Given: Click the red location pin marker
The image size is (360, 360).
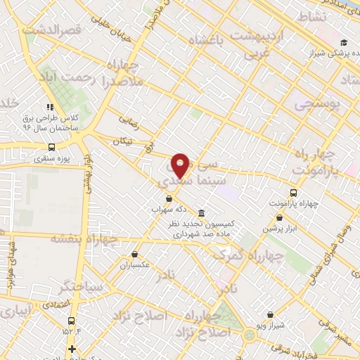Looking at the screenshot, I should tap(181, 165).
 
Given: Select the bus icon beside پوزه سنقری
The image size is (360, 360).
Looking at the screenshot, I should tap(51, 148).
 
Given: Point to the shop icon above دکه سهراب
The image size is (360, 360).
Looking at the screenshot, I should tap(169, 198).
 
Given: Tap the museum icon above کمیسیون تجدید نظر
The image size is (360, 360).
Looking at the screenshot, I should tap(202, 213).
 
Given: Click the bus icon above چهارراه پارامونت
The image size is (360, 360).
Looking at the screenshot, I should tap(293, 193).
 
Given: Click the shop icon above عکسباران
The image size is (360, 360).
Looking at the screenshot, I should tap(134, 254).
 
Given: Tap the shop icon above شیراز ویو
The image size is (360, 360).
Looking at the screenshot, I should tap(271, 314).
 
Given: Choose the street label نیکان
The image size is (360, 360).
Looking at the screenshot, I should tap(122, 141).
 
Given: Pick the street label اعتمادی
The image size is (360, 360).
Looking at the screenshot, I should tap(56, 305).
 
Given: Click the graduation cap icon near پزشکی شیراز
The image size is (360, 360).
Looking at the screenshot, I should tap(344, 41).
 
